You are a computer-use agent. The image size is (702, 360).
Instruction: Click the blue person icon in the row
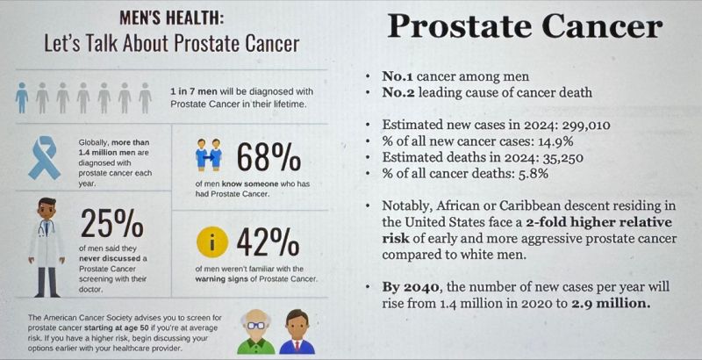point(21,97)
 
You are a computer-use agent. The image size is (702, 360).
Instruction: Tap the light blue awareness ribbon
point(45,158)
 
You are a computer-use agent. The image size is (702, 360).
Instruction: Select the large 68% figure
point(269,157)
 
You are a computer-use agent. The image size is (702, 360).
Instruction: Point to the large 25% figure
point(112,223)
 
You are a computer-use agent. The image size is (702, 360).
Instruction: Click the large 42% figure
point(268,242)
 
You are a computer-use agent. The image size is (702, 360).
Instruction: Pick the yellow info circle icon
point(212,242)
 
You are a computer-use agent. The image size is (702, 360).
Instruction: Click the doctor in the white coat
point(47,247)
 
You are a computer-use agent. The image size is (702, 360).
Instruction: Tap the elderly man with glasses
point(255,331)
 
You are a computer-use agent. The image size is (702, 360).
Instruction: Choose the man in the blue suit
point(297,331)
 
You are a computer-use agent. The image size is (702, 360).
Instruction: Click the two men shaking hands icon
point(209,155)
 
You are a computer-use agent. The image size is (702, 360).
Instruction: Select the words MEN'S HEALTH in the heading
point(171,19)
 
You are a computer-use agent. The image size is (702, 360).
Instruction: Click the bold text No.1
point(398,76)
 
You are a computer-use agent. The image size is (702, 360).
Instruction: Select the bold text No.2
point(398,93)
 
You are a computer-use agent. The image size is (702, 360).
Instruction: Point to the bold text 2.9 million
point(609,303)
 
